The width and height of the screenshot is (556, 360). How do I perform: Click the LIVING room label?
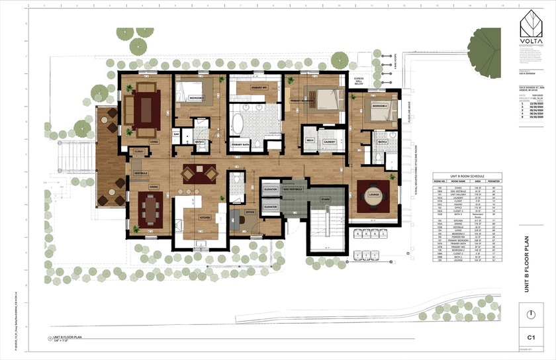coord(154,142)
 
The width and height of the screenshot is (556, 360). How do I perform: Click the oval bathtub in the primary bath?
coord(237,123)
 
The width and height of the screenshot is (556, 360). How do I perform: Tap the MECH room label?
coord(310,140)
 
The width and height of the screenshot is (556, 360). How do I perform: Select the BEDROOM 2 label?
coord(379,106)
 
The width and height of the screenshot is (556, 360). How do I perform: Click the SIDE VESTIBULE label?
coord(293,189)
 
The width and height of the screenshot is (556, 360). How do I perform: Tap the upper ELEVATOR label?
coord(269,189)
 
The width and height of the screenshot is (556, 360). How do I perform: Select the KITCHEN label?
coord(205,216)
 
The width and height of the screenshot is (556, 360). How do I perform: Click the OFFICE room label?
coord(250,212)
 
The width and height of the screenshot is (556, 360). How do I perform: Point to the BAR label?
coord(177,134)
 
